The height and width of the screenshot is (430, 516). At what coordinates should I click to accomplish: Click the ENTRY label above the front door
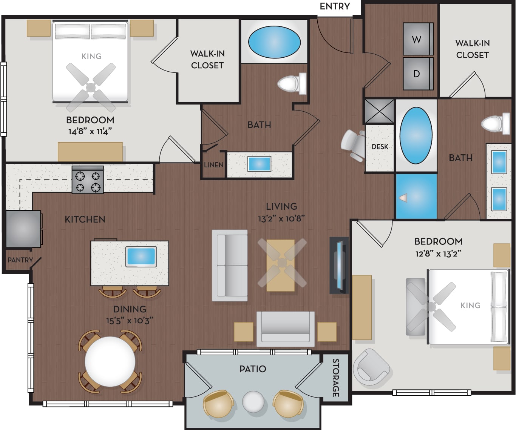coord(335,6)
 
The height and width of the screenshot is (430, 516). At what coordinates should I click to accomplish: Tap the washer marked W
coord(418,39)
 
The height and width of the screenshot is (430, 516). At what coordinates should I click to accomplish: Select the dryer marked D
coord(418,74)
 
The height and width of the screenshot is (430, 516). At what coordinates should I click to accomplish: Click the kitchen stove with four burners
coord(88,180)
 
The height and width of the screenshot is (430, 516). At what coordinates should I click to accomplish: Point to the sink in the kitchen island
coord(141,257)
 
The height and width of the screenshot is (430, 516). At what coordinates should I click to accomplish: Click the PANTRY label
coord(20,260)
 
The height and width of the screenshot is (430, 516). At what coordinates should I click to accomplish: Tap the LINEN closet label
coord(213,164)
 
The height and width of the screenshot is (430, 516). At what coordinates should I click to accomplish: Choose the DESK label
coord(380,147)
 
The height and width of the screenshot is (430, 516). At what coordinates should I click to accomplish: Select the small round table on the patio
coord(253,402)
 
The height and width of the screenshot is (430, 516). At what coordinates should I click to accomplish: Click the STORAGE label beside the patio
coord(335,378)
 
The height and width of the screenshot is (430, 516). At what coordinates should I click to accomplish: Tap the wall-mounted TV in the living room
coord(339,266)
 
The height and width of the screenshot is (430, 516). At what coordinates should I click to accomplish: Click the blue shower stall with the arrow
coord(416,197)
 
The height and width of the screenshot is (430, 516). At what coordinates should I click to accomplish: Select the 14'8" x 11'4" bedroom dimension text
coord(90,132)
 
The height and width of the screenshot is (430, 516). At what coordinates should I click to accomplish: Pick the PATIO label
coord(253,369)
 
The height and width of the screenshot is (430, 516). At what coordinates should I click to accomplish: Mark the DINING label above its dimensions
coord(130,309)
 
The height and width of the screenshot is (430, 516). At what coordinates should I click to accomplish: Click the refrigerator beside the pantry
coord(23,229)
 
